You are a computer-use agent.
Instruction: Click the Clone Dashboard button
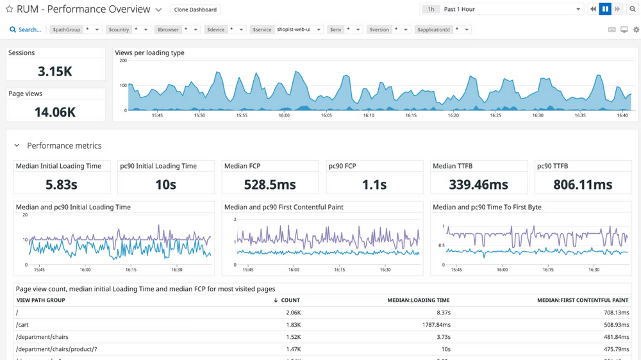pyautogui.click(x=196, y=10)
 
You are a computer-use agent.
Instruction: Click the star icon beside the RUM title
pyautogui.click(x=9, y=10)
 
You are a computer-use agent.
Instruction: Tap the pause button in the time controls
pyautogui.click(x=605, y=10)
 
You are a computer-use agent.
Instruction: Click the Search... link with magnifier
pyautogui.click(x=25, y=29)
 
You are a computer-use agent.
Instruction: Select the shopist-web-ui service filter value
pyautogui.click(x=295, y=29)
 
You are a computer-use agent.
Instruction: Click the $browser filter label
pyautogui.click(x=168, y=29)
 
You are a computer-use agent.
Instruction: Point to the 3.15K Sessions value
pyautogui.click(x=55, y=71)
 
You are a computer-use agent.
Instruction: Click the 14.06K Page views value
pyautogui.click(x=55, y=112)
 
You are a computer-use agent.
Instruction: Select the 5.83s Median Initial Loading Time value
pyautogui.click(x=62, y=184)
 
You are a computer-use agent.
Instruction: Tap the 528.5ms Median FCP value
pyautogui.click(x=270, y=184)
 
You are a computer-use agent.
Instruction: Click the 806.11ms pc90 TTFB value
pyautogui.click(x=583, y=184)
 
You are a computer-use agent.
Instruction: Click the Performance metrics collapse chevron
pyautogui.click(x=17, y=146)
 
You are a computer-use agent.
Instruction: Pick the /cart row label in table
pyautogui.click(x=22, y=325)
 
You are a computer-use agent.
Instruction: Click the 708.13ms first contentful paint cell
pyautogui.click(x=613, y=313)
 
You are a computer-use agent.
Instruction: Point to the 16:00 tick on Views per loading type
pyautogui.click(x=283, y=116)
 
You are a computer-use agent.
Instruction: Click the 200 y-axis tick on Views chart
pyautogui.click(x=122, y=61)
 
